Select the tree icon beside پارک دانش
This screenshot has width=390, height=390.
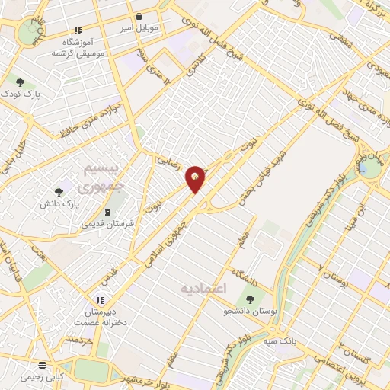[59, 193]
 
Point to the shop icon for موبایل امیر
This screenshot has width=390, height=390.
[138, 16]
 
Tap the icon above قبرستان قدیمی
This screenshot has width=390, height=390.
[107, 212]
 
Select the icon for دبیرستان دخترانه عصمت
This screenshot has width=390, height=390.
[99, 300]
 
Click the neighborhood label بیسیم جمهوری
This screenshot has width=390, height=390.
[97, 175]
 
